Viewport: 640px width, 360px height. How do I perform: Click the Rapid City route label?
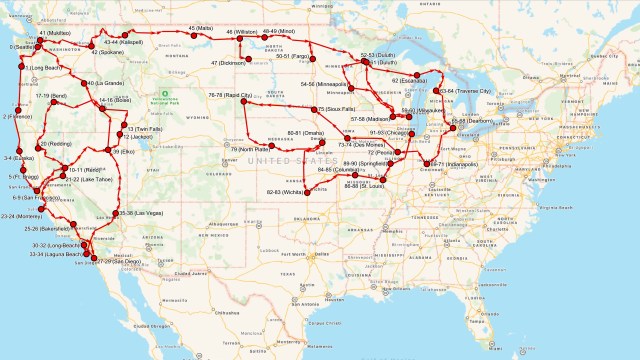pos(229,95)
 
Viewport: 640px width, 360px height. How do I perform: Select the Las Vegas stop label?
pos(137,214)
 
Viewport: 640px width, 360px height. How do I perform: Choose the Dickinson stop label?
pos(227,63)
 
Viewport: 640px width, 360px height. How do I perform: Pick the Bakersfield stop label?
pos(63,228)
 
